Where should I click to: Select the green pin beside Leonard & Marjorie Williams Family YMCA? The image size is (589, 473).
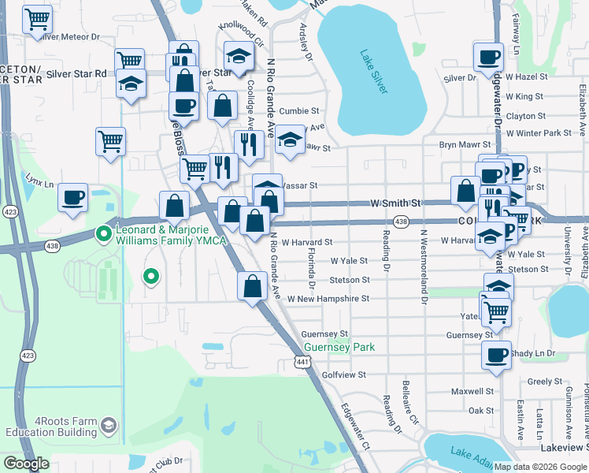[x=102, y=233]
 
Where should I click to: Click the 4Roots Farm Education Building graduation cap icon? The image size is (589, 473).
[x=109, y=426]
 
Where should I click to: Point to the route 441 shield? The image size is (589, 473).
[x=302, y=362]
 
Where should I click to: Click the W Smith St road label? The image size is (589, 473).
[x=397, y=203]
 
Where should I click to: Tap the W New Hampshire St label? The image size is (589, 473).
[x=328, y=299]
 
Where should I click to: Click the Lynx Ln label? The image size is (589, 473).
[x=39, y=184]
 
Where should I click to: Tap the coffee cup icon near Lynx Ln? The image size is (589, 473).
[x=72, y=197]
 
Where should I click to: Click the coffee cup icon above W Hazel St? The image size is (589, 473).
[x=488, y=57]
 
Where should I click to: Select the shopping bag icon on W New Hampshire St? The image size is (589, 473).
[x=253, y=287]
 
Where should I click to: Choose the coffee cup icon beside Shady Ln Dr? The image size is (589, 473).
[x=497, y=356]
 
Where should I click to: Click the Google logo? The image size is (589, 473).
[x=26, y=464]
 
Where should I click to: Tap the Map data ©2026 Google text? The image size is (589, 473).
[x=539, y=467]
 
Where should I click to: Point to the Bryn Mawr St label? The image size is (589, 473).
[x=465, y=145]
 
